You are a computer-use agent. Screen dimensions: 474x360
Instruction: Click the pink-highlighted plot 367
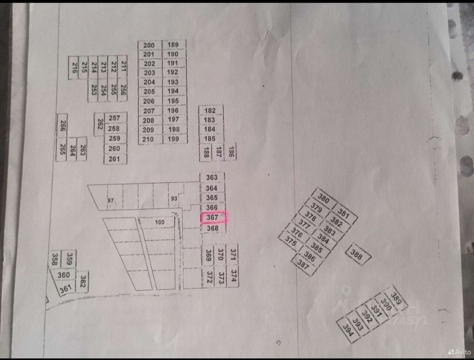click(214, 217)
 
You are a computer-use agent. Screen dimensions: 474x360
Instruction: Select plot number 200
click(150, 45)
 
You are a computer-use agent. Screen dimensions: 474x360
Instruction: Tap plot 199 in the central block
click(174, 139)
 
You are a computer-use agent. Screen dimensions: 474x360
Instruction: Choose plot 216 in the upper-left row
click(74, 67)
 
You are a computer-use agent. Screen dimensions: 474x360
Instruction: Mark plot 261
click(115, 159)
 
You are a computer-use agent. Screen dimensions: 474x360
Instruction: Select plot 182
click(210, 111)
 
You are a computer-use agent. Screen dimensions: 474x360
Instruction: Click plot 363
click(212, 177)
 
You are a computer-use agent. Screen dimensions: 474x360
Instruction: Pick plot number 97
click(111, 200)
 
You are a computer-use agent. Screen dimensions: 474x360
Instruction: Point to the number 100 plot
click(160, 223)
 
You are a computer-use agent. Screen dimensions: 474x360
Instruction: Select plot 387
click(303, 264)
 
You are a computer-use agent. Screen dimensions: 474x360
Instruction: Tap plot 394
click(348, 330)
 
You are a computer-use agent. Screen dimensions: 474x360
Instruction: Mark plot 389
click(396, 299)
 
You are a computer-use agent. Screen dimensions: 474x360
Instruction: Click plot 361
click(65, 289)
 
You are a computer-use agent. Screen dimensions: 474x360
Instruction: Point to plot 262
click(100, 124)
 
